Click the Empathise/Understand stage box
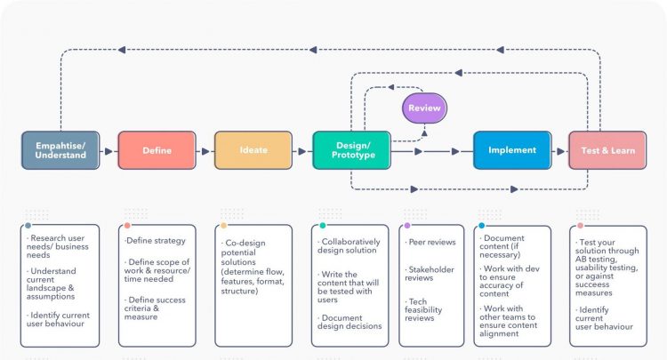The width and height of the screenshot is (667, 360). (60, 150)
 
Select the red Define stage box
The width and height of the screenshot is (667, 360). (157, 150)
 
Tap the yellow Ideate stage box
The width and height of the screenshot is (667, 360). (253, 150)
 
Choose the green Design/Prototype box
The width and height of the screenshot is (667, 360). (350, 150)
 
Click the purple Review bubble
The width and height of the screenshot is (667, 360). (424, 108)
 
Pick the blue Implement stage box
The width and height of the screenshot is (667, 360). (511, 150)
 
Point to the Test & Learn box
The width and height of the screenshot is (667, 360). (608, 150)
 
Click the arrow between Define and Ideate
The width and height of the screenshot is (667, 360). (205, 151)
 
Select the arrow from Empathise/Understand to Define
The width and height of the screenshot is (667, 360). (108, 151)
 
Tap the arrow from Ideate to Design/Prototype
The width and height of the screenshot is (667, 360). (301, 151)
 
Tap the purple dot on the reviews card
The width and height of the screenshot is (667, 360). (407, 226)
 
